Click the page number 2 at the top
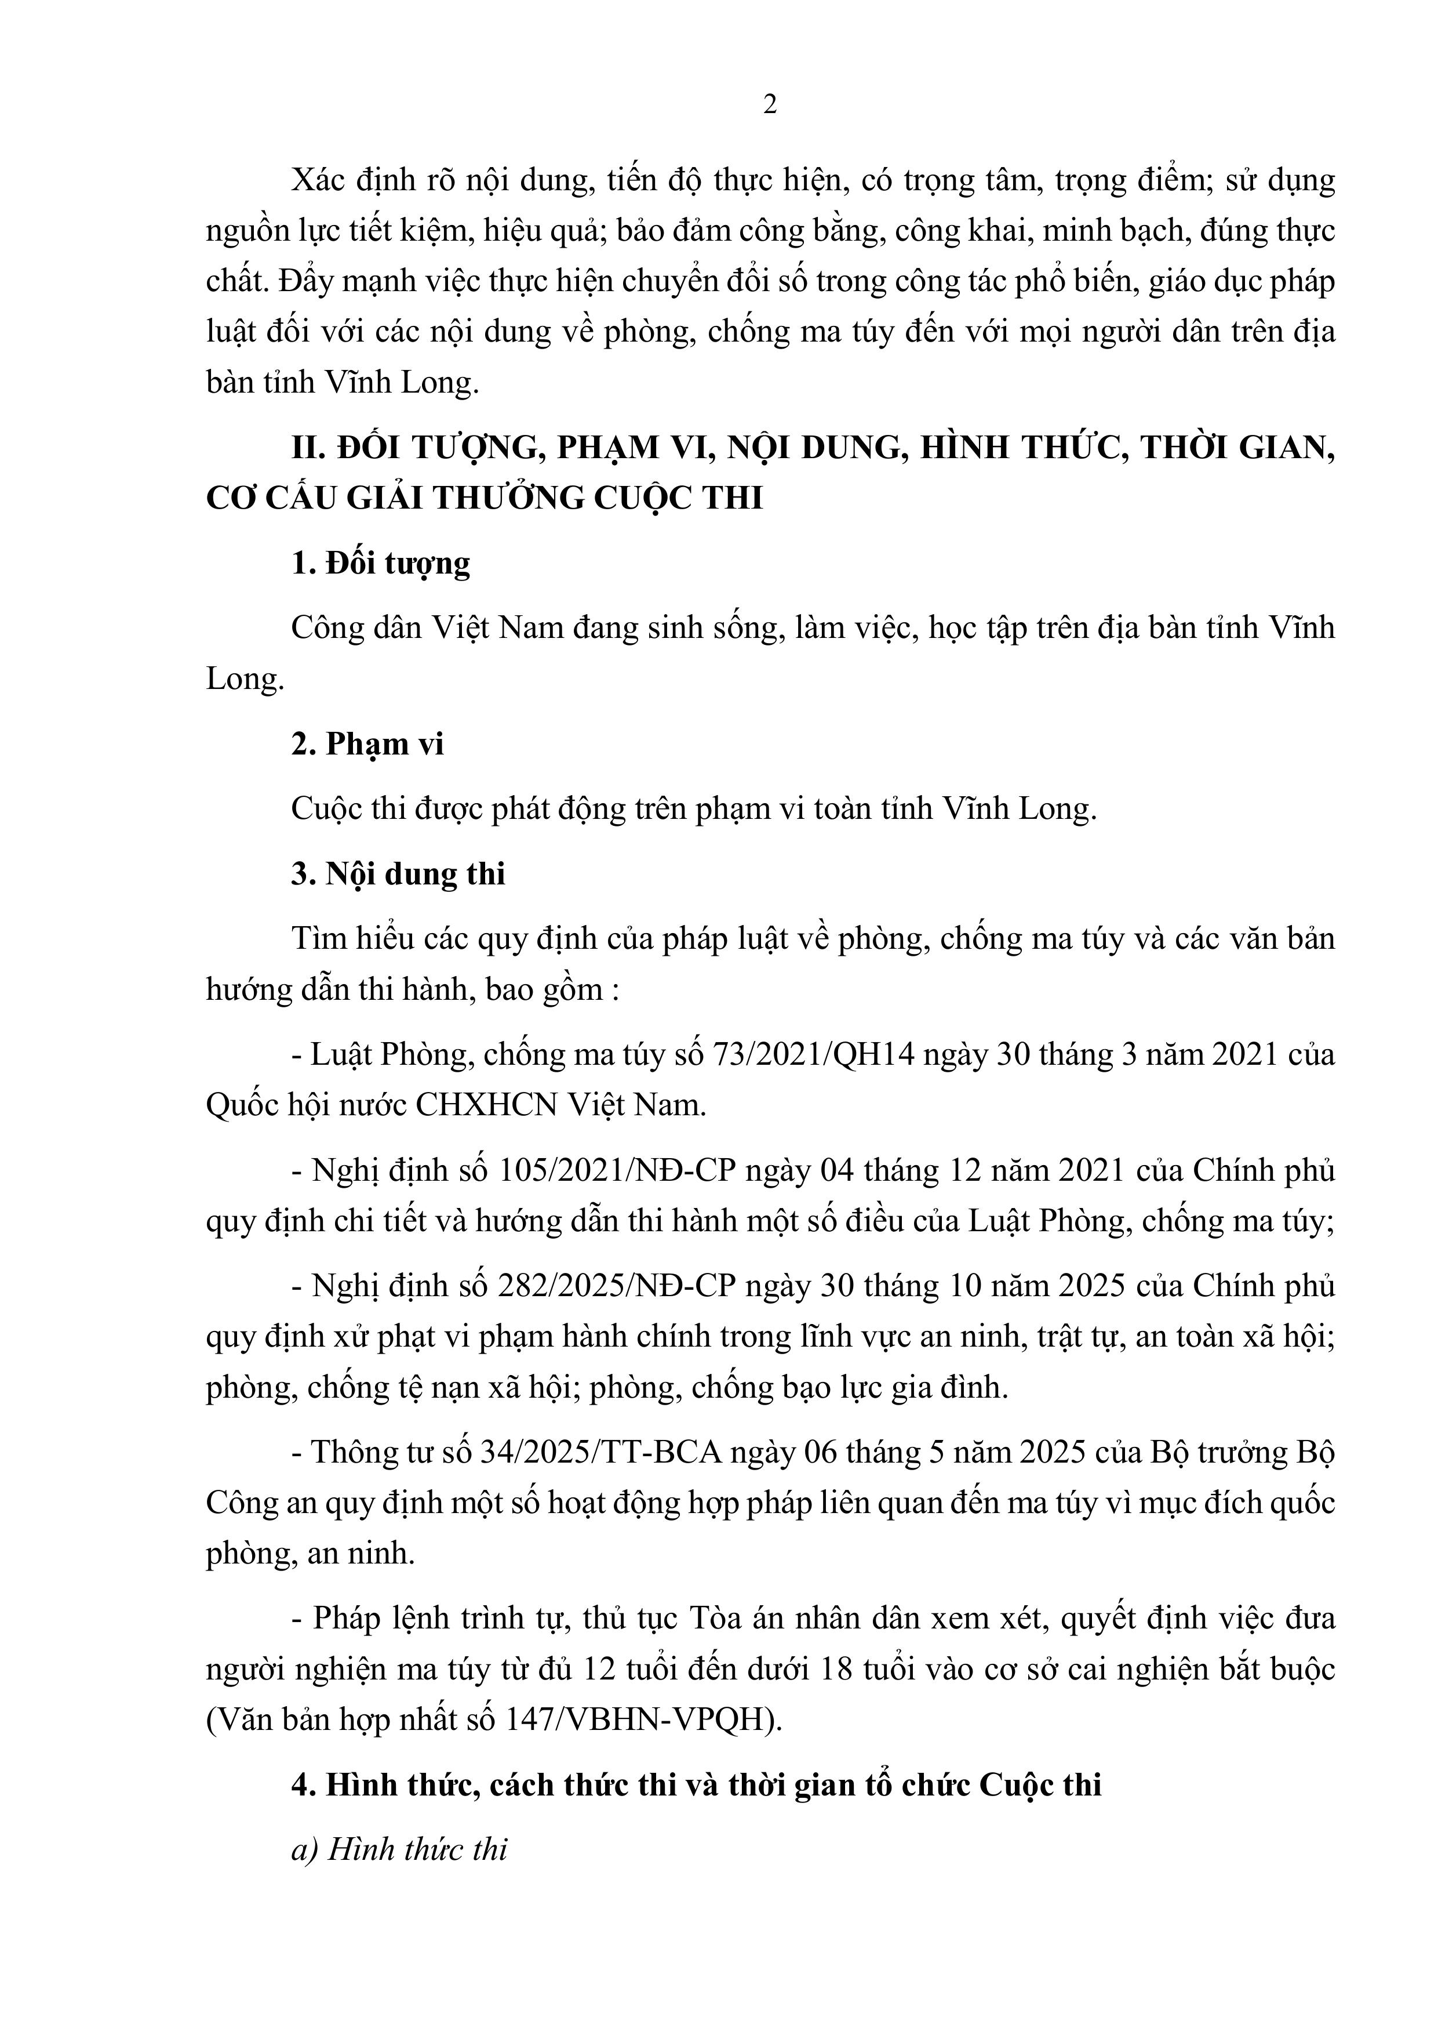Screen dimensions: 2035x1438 (769, 104)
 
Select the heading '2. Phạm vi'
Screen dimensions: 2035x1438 (367, 743)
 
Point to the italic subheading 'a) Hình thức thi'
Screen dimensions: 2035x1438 (399, 1850)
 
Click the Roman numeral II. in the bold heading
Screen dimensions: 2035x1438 (309, 448)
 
